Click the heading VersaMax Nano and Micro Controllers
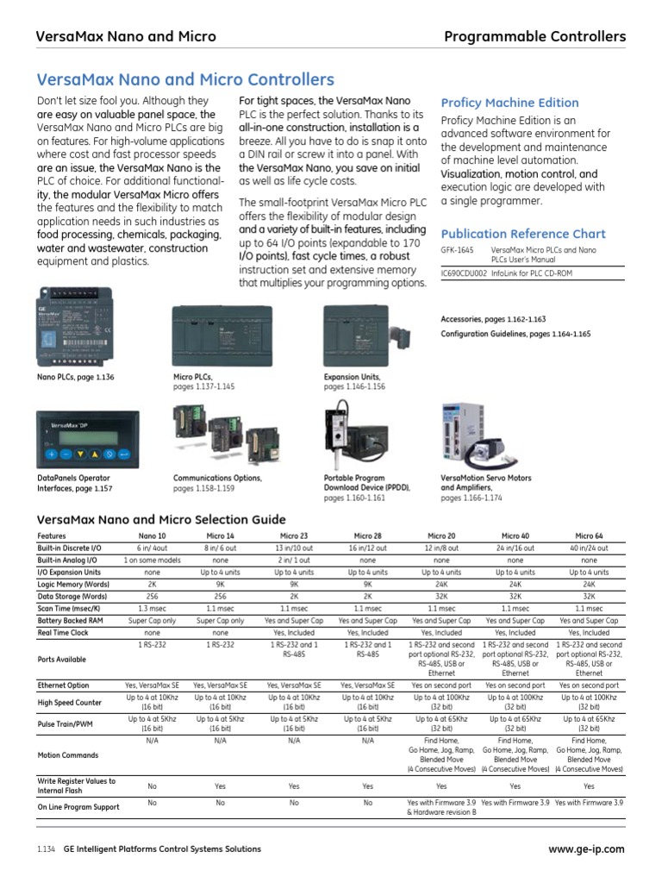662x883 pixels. pos(185,80)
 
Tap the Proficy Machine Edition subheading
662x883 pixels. pos(509,103)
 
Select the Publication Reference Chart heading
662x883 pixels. pos(523,234)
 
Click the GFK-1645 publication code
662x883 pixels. pos(458,249)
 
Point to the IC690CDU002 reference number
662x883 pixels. pos(464,272)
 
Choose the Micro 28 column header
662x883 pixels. pos(368,535)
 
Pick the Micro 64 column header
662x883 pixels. pos(590,535)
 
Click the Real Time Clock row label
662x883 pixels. pos(64,632)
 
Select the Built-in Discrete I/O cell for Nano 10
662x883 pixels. pos(153,548)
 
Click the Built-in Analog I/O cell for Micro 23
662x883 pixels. pos(294,560)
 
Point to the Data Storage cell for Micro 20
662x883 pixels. pos(441,596)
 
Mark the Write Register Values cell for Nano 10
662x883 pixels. pos(153,786)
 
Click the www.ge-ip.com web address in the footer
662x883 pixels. pos(586,849)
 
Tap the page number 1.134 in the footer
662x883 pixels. pos(47,849)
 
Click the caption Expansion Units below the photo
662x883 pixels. pos(352,378)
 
